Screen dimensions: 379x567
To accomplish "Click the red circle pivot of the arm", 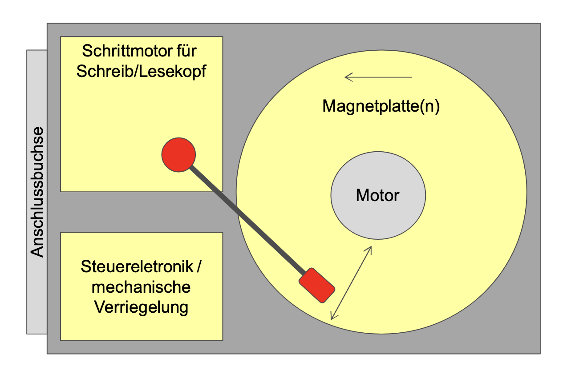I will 178,154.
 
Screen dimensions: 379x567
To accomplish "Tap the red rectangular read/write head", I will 317,285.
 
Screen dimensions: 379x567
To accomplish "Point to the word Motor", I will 378,195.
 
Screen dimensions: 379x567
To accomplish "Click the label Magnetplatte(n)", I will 381,107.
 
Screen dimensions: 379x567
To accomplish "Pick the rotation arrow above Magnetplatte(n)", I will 378,78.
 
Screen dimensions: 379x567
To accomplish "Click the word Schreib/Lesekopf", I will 141,72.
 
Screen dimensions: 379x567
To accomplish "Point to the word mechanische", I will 141,287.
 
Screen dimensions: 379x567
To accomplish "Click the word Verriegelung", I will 141,307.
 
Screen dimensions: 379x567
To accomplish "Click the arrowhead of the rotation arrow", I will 348,78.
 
